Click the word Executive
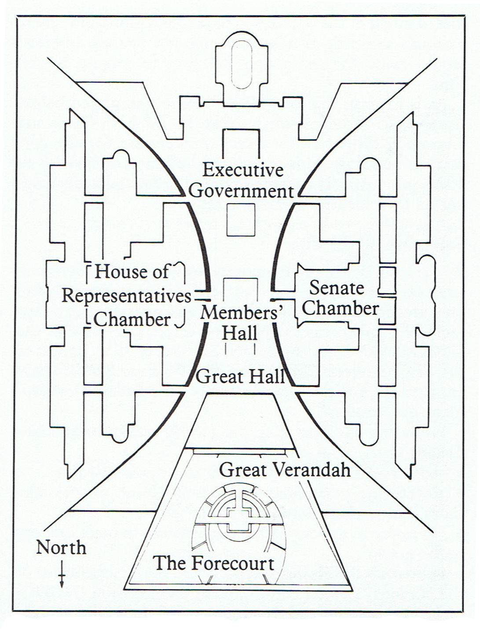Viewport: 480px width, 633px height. [242, 170]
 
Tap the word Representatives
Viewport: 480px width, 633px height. [126, 296]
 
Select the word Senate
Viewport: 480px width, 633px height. [337, 288]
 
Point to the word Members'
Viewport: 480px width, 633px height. [241, 313]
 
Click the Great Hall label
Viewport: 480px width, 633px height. [240, 377]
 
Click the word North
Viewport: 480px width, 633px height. [61, 548]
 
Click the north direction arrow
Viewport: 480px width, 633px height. [62, 574]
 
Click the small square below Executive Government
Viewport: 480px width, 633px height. [241, 220]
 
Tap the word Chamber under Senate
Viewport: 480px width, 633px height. [340, 308]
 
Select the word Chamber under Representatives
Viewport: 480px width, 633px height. [132, 320]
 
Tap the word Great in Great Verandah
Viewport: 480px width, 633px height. [242, 470]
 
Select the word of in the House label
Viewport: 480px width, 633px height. [160, 272]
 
